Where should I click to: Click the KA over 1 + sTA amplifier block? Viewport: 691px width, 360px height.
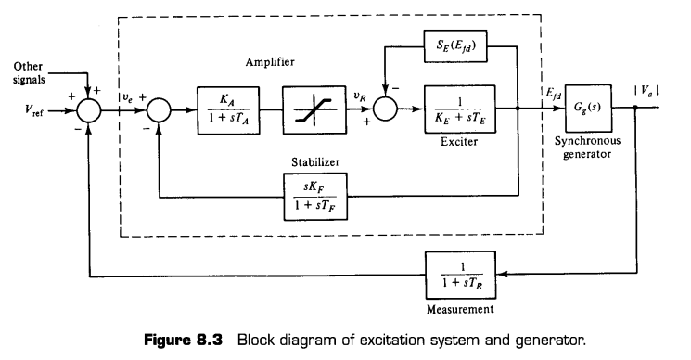click(x=228, y=110)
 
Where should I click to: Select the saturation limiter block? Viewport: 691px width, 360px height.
click(x=314, y=109)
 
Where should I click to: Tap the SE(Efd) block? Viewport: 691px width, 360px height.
click(x=455, y=45)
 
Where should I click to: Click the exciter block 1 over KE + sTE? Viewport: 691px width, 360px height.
click(x=460, y=109)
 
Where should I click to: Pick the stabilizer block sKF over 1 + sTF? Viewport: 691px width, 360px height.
click(x=315, y=197)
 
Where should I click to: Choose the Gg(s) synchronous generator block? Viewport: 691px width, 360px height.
click(x=588, y=108)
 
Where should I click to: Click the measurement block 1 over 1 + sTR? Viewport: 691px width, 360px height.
click(x=461, y=275)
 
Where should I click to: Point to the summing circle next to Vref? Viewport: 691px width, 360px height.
click(x=89, y=110)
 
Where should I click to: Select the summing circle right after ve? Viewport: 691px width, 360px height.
click(x=159, y=110)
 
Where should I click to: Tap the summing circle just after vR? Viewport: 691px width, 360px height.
click(x=385, y=109)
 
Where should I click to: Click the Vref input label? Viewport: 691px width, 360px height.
click(x=34, y=110)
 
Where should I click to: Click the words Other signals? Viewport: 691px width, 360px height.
click(x=29, y=73)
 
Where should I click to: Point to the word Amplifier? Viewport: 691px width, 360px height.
click(x=270, y=62)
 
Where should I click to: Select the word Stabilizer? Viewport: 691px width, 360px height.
click(x=315, y=162)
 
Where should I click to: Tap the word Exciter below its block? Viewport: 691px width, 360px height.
click(x=459, y=141)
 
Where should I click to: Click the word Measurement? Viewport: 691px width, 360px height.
click(x=460, y=309)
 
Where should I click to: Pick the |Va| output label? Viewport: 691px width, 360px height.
click(x=646, y=91)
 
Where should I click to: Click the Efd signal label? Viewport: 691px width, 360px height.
click(x=554, y=95)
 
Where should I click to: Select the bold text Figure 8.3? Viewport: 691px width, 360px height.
click(x=184, y=341)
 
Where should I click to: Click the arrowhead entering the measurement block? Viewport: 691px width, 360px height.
click(x=502, y=274)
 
